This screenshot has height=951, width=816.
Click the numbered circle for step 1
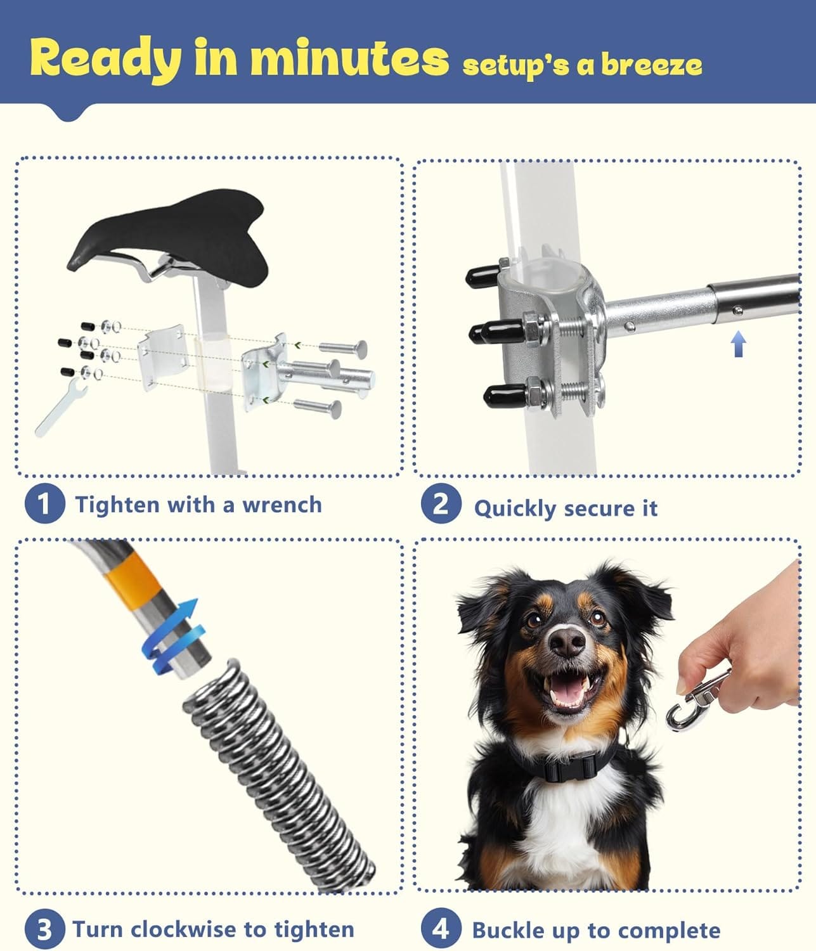click(44, 503)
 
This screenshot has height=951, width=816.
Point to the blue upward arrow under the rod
click(739, 344)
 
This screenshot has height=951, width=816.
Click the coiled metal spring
click(278, 777)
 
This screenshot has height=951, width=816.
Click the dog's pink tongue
click(567, 687)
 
